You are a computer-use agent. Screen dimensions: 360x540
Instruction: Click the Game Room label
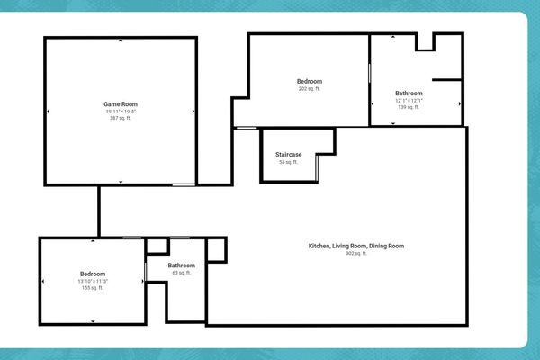(x=121, y=104)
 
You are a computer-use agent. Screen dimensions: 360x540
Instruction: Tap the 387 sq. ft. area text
(x=121, y=118)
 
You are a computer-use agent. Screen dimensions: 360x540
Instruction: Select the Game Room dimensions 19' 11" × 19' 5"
(x=121, y=112)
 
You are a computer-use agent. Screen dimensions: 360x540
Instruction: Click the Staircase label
(x=288, y=155)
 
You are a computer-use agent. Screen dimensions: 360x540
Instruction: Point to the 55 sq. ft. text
(x=288, y=162)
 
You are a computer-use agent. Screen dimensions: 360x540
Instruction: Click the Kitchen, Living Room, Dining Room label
(x=356, y=246)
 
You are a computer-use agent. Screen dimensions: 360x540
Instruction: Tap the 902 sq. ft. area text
(x=356, y=253)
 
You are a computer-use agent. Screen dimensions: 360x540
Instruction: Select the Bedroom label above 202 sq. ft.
(x=310, y=82)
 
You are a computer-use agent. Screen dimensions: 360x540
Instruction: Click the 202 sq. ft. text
(x=310, y=89)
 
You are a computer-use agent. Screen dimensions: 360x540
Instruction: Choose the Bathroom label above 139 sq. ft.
(x=409, y=94)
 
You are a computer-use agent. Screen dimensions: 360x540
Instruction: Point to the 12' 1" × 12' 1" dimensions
(x=409, y=100)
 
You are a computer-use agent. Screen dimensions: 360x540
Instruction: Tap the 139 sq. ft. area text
(x=409, y=107)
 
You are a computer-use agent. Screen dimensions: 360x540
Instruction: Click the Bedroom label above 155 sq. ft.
(x=93, y=274)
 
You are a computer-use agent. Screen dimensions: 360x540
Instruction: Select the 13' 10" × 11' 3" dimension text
(x=93, y=281)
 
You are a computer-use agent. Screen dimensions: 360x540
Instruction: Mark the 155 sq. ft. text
(x=93, y=288)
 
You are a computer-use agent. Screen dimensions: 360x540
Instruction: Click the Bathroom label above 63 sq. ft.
(x=182, y=265)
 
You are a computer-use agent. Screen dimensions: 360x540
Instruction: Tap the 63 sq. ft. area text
(x=182, y=273)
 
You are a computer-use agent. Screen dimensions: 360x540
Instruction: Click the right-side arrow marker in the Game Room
(x=193, y=112)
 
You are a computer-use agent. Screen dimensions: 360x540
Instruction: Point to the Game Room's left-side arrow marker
(x=49, y=112)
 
